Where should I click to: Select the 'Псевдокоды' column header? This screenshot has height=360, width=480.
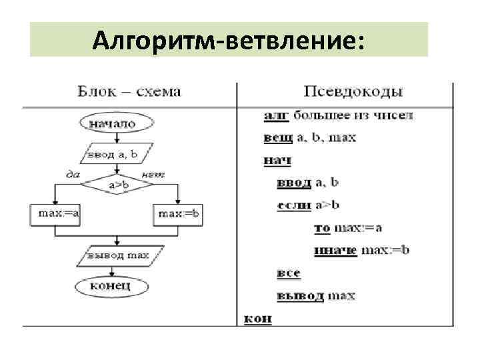click(x=353, y=91)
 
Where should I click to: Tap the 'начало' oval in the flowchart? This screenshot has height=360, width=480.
click(x=117, y=123)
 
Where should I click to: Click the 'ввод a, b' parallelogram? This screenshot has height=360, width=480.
click(x=117, y=155)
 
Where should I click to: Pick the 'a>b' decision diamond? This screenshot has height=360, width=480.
click(x=117, y=184)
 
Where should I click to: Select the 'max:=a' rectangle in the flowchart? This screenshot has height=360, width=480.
click(x=55, y=214)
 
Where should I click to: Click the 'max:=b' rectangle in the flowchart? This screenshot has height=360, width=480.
click(x=178, y=214)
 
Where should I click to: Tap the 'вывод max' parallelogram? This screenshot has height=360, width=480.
click(x=117, y=255)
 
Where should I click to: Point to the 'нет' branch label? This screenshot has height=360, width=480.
click(x=154, y=175)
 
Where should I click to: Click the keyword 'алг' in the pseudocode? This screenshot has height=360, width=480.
click(x=276, y=115)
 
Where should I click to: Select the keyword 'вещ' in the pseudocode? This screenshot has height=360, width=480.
click(x=277, y=138)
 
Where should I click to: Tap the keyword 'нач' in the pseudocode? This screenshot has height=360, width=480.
click(x=277, y=160)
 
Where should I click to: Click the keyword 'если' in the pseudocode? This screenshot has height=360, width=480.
click(x=294, y=205)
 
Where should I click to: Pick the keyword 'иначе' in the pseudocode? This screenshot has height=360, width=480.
click(x=336, y=251)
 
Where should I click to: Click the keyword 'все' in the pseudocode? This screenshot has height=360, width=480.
click(x=288, y=273)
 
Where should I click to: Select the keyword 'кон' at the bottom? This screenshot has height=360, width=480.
click(x=257, y=318)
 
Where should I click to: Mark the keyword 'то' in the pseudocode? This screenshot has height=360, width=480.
click(x=321, y=228)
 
